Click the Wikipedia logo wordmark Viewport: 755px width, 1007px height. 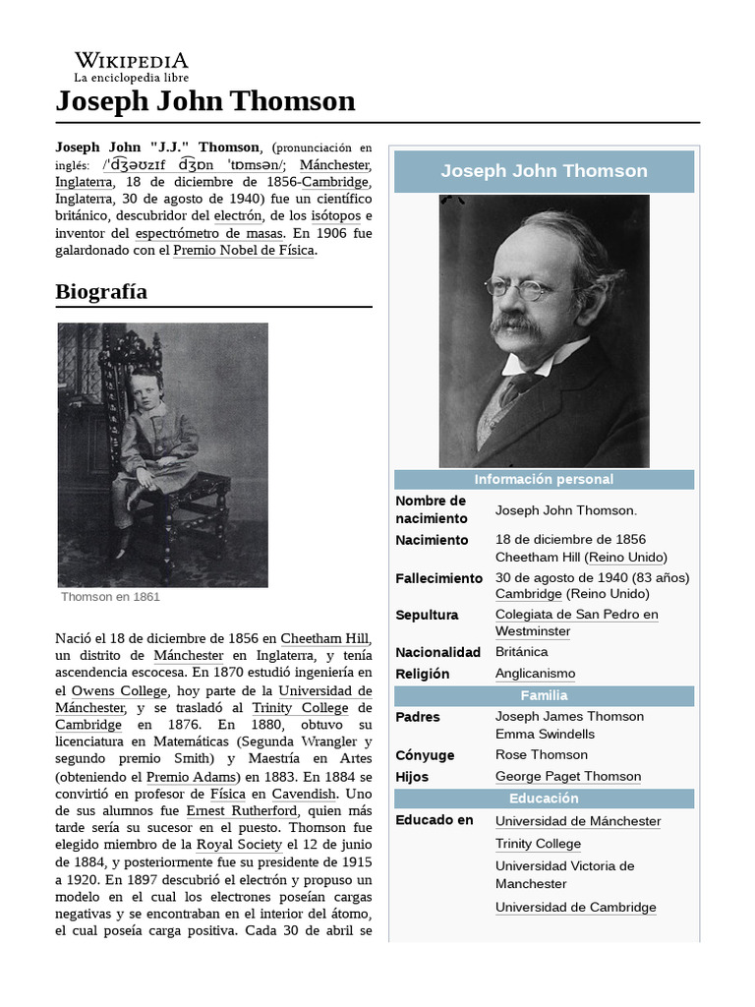pos(131,61)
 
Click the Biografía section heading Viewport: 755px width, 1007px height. pos(101,292)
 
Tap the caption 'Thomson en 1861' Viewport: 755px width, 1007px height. pos(110,597)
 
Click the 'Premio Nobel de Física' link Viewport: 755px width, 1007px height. pos(244,251)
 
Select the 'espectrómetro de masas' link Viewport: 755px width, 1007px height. pos(209,233)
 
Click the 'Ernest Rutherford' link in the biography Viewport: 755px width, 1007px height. pos(241,810)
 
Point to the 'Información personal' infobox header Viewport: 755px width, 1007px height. pos(544,480)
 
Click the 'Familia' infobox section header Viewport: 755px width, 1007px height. pos(544,696)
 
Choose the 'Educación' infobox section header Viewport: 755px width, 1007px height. pos(544,799)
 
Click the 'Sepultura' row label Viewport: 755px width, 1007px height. pos(427,616)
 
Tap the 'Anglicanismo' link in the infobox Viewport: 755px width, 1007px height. pos(535,674)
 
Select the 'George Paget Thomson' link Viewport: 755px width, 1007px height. pos(568,777)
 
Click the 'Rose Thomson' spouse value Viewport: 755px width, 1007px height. pos(541,755)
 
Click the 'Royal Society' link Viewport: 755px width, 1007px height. pos(240,845)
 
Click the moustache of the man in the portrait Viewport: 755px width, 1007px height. pos(515,326)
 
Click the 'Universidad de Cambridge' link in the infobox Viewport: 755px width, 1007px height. pos(575,908)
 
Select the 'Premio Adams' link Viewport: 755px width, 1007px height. pos(182,776)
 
